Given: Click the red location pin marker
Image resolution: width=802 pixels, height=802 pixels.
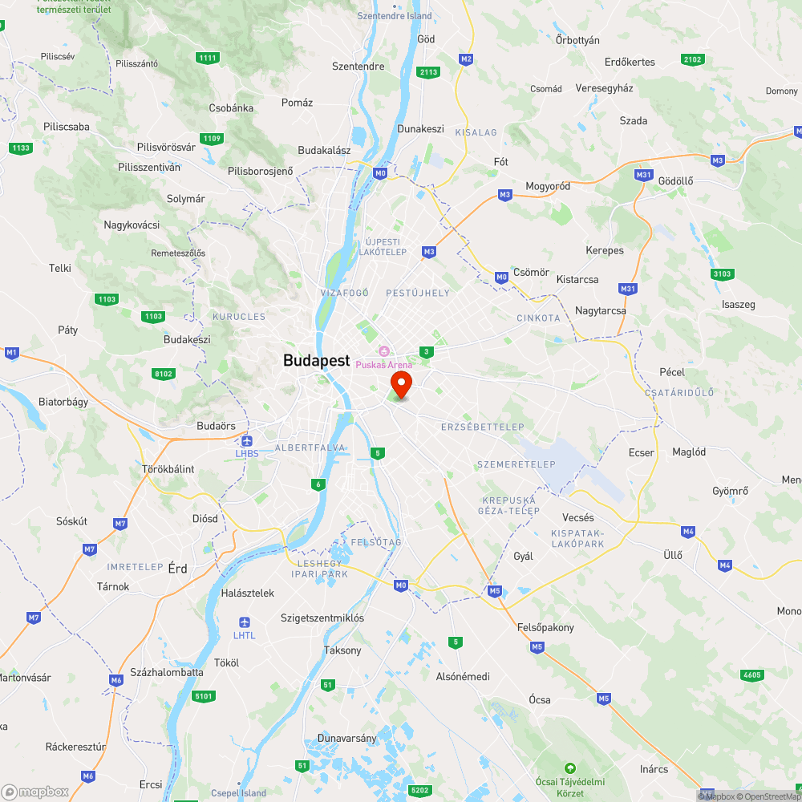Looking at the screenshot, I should point(400,383).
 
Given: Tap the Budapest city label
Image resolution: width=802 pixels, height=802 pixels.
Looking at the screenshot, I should point(316,361).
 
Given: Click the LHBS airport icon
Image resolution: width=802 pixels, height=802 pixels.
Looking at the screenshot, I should point(246,441).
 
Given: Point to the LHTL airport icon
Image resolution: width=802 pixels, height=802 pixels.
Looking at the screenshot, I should point(245,622).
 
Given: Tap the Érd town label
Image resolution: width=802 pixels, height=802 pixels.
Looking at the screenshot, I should point(177,569).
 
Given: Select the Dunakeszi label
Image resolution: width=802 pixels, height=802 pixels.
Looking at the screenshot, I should point(420,128).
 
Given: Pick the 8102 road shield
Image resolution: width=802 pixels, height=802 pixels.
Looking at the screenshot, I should point(163,373).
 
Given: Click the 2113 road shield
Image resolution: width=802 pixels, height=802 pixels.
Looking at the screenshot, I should point(429,72).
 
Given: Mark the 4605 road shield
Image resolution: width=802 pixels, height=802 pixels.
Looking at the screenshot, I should point(751,675).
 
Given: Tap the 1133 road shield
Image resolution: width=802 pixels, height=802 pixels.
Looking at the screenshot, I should point(21,148).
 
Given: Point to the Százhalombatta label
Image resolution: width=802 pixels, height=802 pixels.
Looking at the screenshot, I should point(167,672).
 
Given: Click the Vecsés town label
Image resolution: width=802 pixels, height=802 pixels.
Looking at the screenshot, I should point(577,517).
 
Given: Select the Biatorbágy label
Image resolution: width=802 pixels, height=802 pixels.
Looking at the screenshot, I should point(63,402).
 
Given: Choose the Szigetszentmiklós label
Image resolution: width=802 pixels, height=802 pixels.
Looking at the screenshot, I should point(322,618).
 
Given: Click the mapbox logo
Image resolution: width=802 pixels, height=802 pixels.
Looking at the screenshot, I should point(35,792).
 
